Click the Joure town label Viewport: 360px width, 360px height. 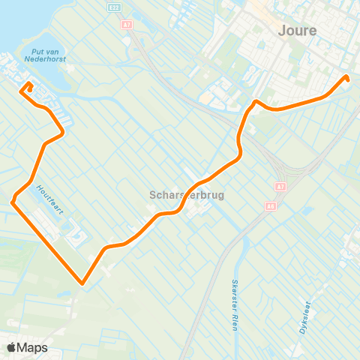[297, 31]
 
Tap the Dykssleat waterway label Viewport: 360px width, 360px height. [304, 316]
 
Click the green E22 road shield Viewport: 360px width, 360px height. [113, 7]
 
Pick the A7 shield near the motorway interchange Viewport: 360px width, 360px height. [280, 186]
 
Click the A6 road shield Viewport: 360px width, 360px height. [270, 205]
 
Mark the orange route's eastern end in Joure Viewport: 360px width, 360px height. [347, 77]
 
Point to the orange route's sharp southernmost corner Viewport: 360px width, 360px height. [81, 283]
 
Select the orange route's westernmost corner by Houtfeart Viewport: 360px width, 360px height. [13, 202]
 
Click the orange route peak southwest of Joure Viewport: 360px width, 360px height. [256, 101]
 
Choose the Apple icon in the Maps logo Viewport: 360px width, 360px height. [11, 347]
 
